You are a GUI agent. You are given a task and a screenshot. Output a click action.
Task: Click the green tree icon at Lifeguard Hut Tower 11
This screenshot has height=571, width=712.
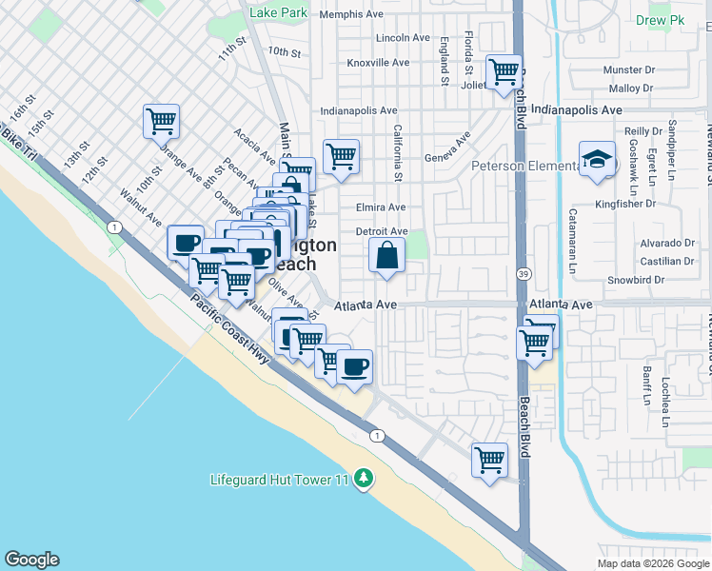(363, 479)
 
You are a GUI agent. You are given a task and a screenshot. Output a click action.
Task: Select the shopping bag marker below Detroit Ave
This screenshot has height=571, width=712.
(386, 256)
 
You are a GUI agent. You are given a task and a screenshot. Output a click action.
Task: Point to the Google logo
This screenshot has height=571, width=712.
(30, 560)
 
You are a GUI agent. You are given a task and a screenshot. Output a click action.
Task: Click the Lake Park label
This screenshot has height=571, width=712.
(278, 13)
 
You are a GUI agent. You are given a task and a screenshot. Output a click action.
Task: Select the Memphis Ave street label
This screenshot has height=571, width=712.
(357, 14)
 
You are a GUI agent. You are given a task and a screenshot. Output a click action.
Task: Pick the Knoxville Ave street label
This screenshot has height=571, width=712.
(378, 63)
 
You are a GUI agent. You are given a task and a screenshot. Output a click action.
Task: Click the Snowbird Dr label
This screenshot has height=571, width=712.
(651, 281)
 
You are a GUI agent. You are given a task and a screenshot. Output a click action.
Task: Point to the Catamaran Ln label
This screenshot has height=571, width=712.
(573, 238)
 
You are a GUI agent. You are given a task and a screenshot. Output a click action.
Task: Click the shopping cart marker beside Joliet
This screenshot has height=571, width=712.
(504, 72)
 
